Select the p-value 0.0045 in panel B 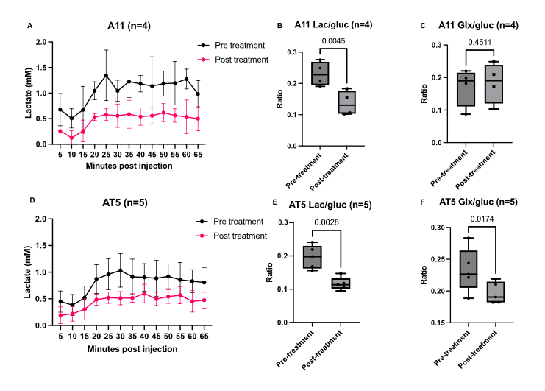tap(331, 41)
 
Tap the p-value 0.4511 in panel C tap(481, 41)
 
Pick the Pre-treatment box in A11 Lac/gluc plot tap(321, 74)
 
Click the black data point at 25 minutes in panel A tap(106, 75)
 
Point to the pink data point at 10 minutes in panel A tap(71, 138)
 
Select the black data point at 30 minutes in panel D tap(120, 270)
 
